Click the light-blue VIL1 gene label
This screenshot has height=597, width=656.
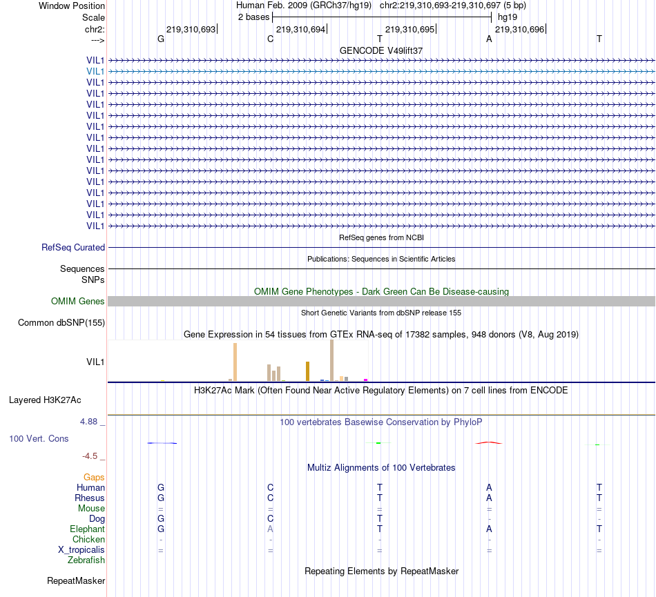pyautogui.click(x=95, y=71)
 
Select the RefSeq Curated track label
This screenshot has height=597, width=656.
pyautogui.click(x=73, y=247)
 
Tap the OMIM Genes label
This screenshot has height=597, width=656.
pyautogui.click(x=78, y=301)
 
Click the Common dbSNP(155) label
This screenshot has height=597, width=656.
pyautogui.click(x=61, y=322)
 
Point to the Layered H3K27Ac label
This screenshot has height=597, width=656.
pyautogui.click(x=45, y=400)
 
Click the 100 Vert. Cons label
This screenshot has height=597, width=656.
pyautogui.click(x=39, y=438)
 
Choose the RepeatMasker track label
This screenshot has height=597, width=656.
pyautogui.click(x=76, y=581)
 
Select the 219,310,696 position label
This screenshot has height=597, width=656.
pyautogui.click(x=519, y=30)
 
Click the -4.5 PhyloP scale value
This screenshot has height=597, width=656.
pyautogui.click(x=93, y=456)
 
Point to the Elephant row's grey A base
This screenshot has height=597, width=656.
pyautogui.click(x=271, y=529)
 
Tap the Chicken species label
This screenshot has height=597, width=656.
pyautogui.click(x=88, y=539)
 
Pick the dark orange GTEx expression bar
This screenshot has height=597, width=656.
pyautogui.click(x=307, y=371)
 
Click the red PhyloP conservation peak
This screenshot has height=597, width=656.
pyautogui.click(x=489, y=442)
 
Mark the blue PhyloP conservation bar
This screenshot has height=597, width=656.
pyautogui.click(x=162, y=443)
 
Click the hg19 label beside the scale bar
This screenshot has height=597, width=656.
pyautogui.click(x=508, y=16)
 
